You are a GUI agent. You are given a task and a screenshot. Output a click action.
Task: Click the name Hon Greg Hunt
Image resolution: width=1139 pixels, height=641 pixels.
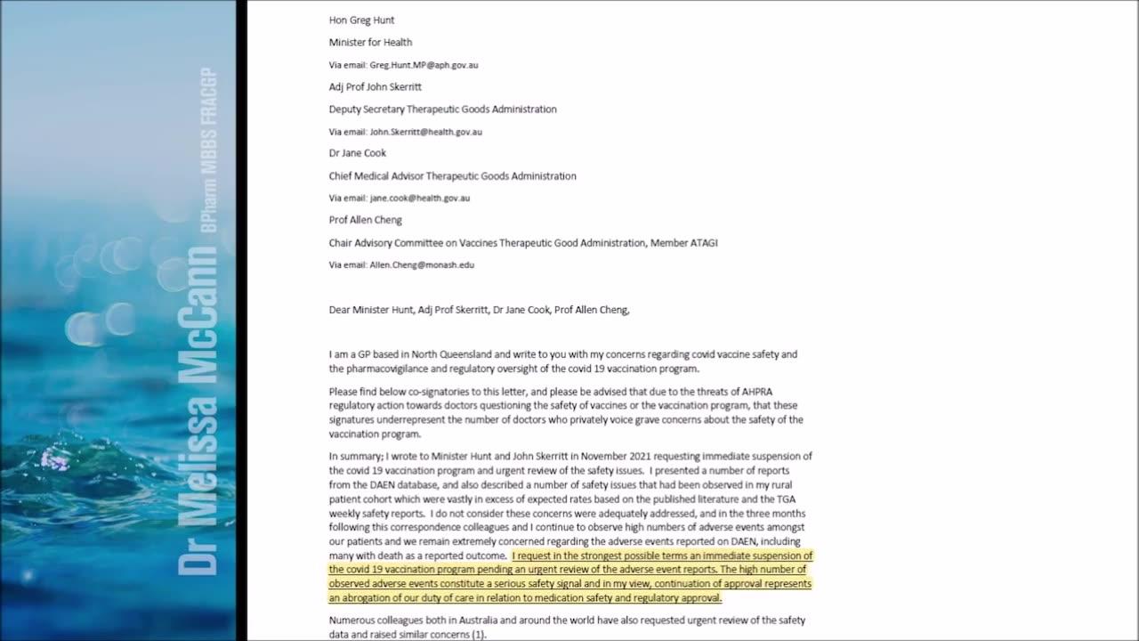click(x=361, y=20)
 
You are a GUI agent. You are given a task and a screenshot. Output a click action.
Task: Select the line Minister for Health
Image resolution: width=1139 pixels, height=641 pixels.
click(x=370, y=43)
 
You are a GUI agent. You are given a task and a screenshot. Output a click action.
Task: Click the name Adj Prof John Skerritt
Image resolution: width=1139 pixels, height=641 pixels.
click(x=375, y=87)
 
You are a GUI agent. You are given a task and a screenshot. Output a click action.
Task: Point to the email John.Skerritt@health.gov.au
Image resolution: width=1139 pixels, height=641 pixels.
click(x=425, y=132)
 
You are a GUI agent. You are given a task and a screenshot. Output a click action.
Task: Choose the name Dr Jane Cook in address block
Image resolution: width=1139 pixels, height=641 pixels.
click(x=358, y=153)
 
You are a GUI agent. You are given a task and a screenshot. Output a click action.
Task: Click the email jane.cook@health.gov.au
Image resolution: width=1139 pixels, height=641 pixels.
click(x=419, y=199)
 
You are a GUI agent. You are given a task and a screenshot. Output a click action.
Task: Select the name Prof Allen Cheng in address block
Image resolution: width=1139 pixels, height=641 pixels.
click(x=365, y=220)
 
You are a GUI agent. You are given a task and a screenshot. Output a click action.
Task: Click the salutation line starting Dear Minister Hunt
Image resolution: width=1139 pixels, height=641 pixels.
click(x=479, y=310)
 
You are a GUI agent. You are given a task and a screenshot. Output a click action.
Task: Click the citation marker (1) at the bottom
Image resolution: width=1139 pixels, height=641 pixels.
click(x=479, y=635)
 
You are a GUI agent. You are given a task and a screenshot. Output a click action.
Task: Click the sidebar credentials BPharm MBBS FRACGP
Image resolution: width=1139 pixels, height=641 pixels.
click(x=209, y=151)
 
